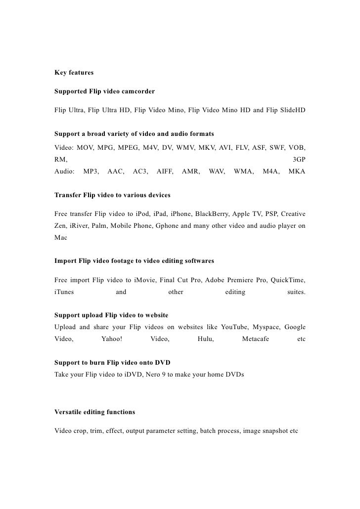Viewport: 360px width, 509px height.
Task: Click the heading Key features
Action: tap(74, 73)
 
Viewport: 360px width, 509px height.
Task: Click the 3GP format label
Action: tap(299, 160)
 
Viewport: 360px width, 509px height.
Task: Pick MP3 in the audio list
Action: tap(91, 171)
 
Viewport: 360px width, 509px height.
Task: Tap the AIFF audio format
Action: tap(165, 171)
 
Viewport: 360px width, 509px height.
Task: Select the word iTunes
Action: tap(64, 292)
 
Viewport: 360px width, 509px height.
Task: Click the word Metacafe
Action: tap(256, 339)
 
